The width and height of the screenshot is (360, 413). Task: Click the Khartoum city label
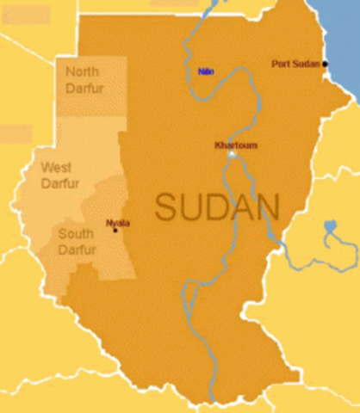point(236,145)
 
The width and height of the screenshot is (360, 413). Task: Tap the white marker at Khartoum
point(231,155)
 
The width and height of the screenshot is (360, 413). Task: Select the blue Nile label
point(206,71)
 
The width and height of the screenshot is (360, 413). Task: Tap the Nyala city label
point(117,223)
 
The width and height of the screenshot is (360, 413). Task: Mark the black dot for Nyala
point(115,230)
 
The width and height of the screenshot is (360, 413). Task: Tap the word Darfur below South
point(77,250)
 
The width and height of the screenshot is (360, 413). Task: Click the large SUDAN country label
point(217,207)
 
